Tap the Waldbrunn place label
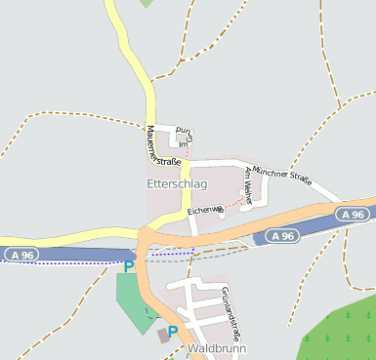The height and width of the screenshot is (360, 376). coord(218,348)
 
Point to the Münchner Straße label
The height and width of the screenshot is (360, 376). coord(280,176)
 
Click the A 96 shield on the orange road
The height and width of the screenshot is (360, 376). coord(354,214)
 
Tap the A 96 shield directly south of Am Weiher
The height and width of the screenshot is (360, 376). coord(281,236)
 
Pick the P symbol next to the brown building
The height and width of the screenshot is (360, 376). coord(173,332)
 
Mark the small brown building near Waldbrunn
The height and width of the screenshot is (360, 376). coord(161,335)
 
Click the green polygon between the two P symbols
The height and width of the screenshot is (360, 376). coord(134,298)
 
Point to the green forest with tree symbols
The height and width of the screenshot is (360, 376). coord(342,332)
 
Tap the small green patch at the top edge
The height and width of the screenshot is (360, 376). coord(146,3)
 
